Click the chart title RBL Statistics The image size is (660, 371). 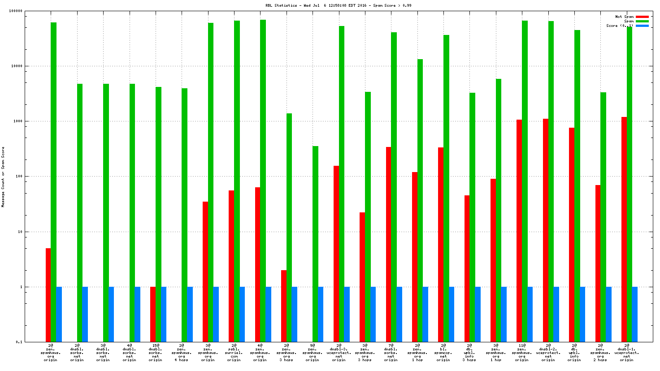pyautogui.click(x=338, y=5)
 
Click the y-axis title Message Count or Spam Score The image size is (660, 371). pyautogui.click(x=3, y=177)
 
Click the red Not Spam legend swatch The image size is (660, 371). pyautogui.click(x=642, y=17)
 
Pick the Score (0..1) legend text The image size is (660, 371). pyautogui.click(x=620, y=26)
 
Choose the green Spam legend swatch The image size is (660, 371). pyautogui.click(x=642, y=21)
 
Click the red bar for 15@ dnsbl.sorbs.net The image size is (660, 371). pyautogui.click(x=153, y=314)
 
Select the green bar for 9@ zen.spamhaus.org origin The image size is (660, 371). pyautogui.click(x=315, y=244)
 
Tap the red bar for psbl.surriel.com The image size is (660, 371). pyautogui.click(x=231, y=266)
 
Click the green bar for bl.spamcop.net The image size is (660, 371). pyautogui.click(x=446, y=188)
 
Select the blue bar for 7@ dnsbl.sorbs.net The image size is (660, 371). pyautogui.click(x=399, y=314)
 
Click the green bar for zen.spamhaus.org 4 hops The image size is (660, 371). pyautogui.click(x=184, y=215)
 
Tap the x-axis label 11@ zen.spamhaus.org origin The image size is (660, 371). pyautogui.click(x=522, y=353)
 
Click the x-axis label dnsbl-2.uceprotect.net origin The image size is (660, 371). pyautogui.click(x=548, y=353)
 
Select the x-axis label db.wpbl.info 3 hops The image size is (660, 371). pyautogui.click(x=469, y=353)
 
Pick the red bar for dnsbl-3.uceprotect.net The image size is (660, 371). pyautogui.click(x=336, y=254)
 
